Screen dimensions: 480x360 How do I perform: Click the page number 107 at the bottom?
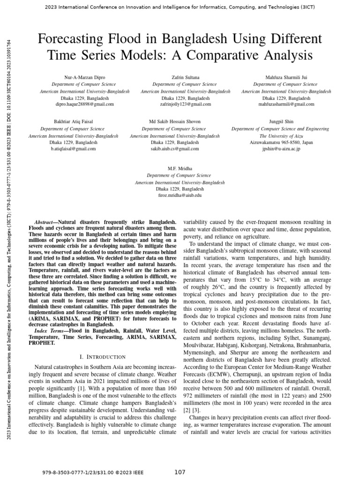pyautogui.click(x=180, y=472)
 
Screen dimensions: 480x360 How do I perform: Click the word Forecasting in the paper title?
pyautogui.click(x=74, y=38)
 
